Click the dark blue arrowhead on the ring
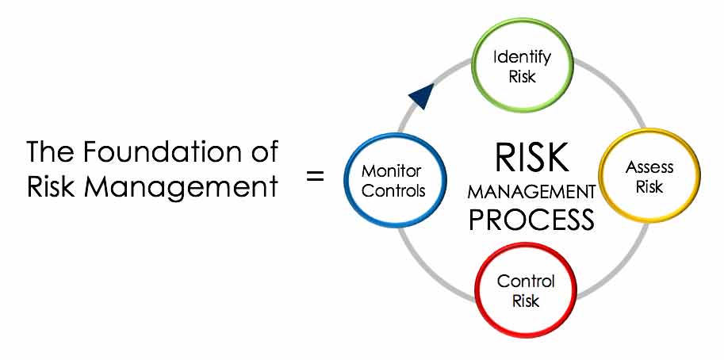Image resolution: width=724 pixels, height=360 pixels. pyautogui.click(x=421, y=96)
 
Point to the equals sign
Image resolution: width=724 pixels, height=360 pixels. pyautogui.click(x=316, y=176)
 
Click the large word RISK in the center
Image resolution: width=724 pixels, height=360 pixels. pyautogui.click(x=531, y=157)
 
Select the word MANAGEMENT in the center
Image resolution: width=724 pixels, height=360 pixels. pyautogui.click(x=531, y=193)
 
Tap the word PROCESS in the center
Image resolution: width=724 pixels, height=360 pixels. pyautogui.click(x=531, y=219)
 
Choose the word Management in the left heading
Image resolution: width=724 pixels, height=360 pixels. pyautogui.click(x=181, y=186)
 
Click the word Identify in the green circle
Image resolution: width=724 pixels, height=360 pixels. pyautogui.click(x=523, y=58)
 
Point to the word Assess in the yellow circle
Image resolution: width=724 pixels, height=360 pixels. pyautogui.click(x=649, y=167)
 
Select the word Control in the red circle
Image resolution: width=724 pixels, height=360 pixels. pyautogui.click(x=526, y=281)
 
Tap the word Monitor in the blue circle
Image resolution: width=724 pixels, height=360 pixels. pyautogui.click(x=391, y=171)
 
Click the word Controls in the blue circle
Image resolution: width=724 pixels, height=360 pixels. pyautogui.click(x=393, y=191)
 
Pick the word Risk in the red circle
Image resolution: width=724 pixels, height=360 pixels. pyautogui.click(x=526, y=301)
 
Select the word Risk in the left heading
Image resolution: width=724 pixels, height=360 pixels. pyautogui.click(x=49, y=186)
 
